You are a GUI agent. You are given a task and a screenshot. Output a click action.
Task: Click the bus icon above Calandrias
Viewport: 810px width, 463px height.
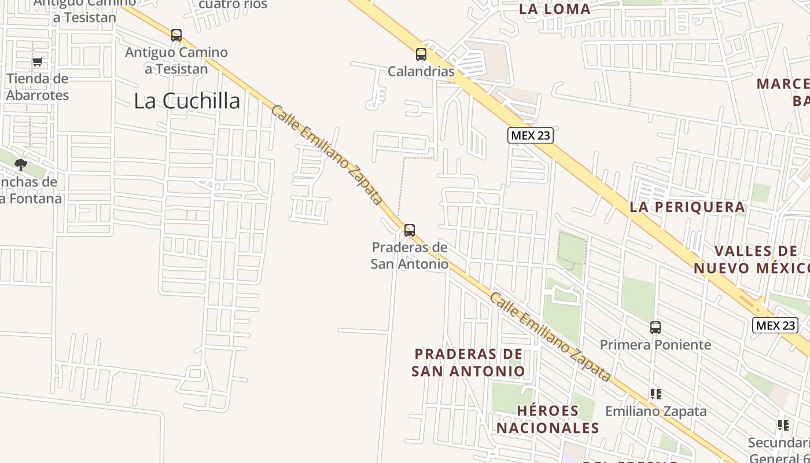421,54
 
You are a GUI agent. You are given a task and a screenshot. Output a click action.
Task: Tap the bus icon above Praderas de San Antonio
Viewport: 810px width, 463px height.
410,230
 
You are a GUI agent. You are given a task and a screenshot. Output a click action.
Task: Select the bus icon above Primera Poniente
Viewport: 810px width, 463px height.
656,328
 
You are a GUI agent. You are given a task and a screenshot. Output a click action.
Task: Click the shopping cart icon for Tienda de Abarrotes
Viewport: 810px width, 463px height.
38,62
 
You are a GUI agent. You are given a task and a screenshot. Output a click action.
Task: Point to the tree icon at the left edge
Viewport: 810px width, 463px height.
21,165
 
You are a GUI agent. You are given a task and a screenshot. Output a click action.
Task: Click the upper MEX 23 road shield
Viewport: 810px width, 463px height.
531,135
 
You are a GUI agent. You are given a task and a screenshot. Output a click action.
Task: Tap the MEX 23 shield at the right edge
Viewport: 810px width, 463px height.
775,325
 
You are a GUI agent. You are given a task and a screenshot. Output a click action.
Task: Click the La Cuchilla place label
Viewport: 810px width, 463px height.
187,101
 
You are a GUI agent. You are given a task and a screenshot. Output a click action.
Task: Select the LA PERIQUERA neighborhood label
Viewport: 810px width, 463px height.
687,207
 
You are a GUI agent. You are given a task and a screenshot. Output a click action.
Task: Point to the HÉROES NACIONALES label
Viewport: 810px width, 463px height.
548,419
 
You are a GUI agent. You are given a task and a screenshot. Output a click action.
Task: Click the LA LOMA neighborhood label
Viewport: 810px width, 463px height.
555,9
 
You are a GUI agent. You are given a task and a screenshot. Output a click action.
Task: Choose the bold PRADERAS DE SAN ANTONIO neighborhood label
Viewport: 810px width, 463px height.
468,362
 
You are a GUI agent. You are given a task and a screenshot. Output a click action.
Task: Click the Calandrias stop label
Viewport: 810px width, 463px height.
421,71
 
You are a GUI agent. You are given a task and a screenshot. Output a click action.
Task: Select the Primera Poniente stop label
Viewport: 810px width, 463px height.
656,345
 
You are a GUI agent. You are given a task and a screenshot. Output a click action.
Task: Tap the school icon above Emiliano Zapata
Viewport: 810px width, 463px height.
656,394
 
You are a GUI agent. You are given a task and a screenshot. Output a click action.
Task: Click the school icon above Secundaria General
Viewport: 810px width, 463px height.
783,426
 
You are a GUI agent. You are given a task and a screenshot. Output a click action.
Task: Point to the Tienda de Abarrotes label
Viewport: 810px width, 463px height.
38,87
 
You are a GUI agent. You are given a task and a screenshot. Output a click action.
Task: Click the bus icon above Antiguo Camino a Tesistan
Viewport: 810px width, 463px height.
176,35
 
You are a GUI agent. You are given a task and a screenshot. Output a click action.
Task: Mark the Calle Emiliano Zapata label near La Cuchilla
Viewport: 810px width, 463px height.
327,155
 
